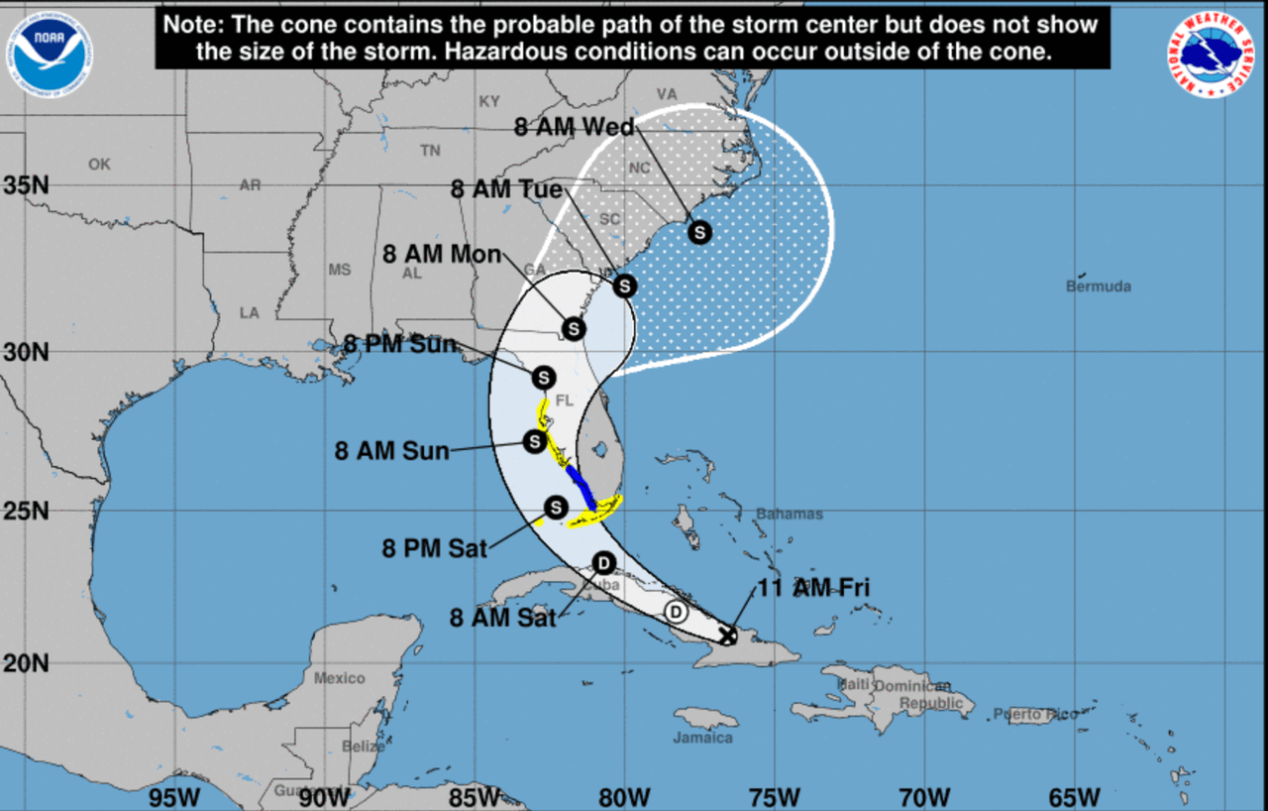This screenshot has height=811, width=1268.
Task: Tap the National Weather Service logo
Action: [1211, 55]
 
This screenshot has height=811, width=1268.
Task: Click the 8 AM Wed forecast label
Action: [576, 126]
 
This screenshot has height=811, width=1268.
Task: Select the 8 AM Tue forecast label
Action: [506, 189]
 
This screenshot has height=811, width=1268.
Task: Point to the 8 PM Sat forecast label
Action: [435, 546]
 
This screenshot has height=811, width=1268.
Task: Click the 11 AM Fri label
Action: [813, 587]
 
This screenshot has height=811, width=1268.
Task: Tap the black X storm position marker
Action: [727, 636]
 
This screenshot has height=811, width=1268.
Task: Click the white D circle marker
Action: [677, 611]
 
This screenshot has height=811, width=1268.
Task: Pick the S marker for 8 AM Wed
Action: [700, 232]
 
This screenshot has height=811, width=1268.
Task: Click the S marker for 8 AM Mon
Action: [573, 328]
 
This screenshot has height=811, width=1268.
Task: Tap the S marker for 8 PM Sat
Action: [556, 508]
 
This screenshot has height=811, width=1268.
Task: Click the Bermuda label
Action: [1098, 287]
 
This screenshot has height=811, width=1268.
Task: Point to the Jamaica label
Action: [703, 738]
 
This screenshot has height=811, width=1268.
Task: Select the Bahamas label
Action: [790, 514]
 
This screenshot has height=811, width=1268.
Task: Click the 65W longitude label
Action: [1075, 796]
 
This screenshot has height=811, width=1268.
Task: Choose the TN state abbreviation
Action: [429, 151]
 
